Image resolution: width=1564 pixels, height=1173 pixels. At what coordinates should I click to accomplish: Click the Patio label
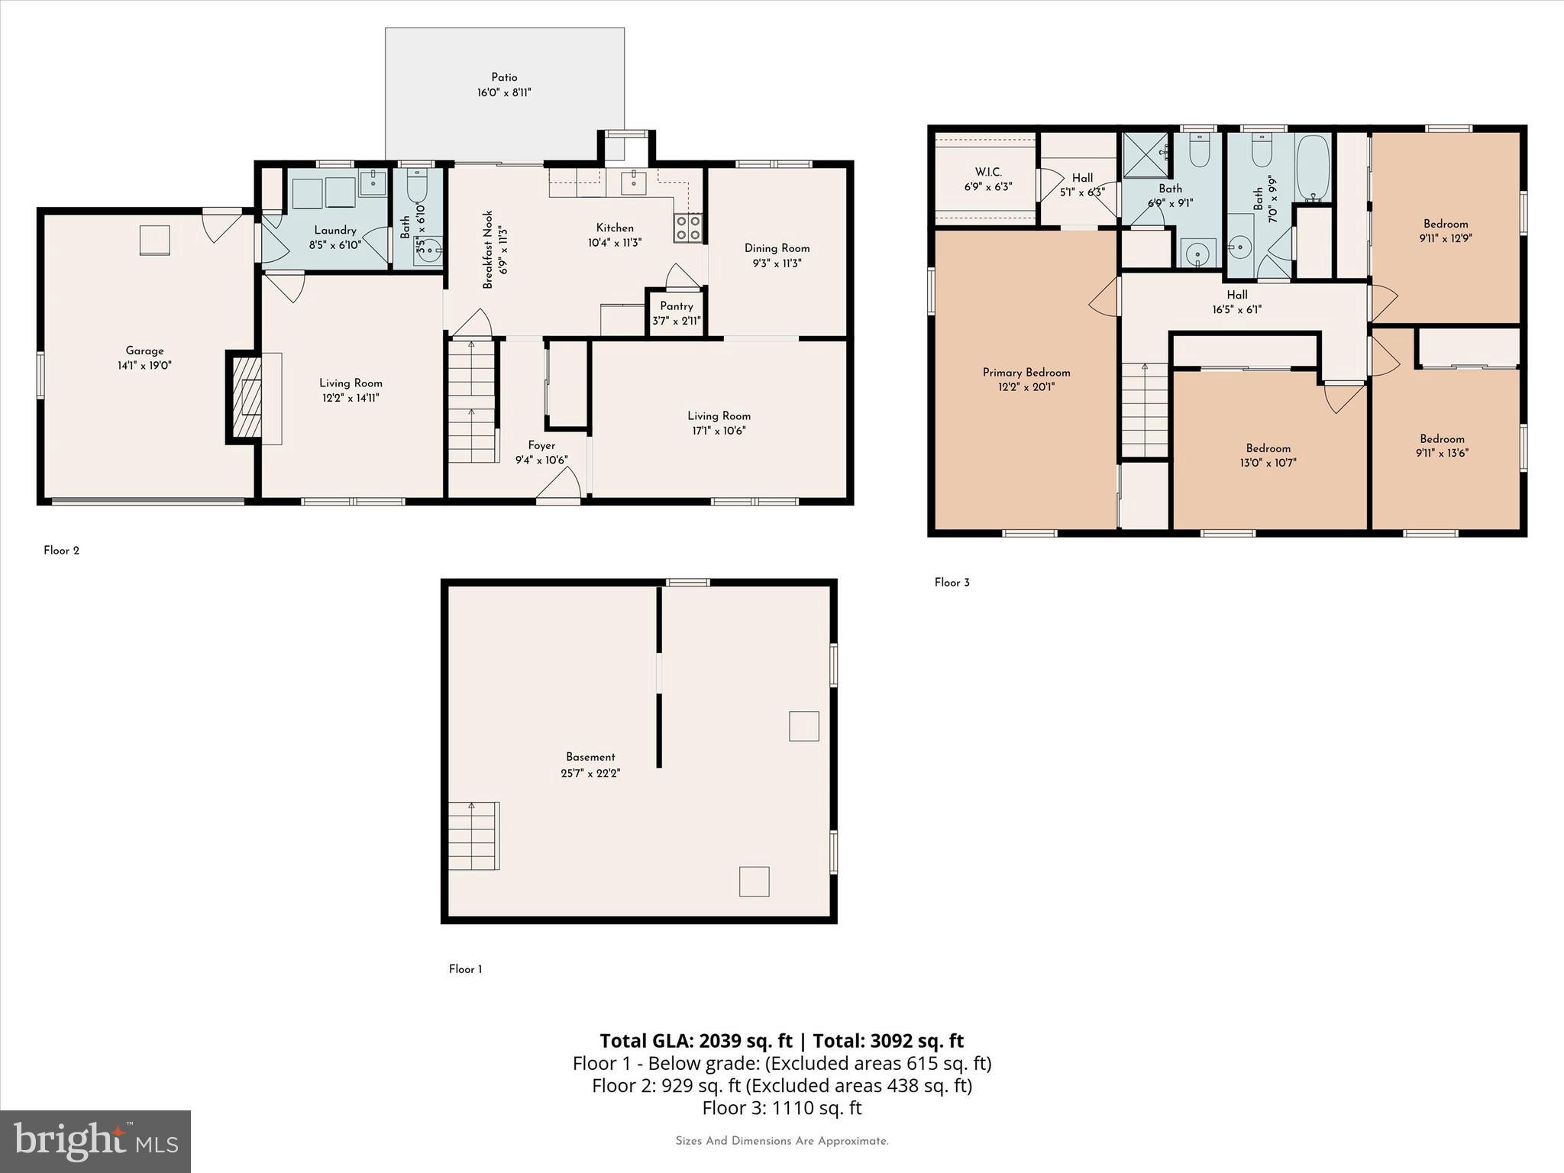[x=504, y=77]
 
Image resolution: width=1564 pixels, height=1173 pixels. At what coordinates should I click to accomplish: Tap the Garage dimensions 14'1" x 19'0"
[x=144, y=366]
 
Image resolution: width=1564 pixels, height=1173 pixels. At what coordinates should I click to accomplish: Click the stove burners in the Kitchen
[x=687, y=228]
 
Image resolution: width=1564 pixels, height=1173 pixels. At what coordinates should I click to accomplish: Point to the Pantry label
[x=677, y=306]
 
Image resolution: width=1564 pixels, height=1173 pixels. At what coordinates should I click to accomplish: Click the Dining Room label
[x=777, y=248]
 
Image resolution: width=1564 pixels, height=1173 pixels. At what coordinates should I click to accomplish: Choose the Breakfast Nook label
[x=488, y=250]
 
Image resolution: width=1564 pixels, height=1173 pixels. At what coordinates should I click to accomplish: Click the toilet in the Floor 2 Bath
[x=417, y=184]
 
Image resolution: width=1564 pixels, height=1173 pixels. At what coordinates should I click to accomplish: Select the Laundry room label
[x=335, y=231]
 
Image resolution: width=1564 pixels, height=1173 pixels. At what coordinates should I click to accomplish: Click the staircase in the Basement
[x=473, y=835]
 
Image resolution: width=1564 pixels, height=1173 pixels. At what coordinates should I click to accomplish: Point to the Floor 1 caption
[x=465, y=969]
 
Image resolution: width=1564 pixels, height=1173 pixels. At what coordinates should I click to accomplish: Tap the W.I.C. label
[x=987, y=173]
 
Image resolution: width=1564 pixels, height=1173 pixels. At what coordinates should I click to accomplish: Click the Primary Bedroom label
[x=1026, y=373]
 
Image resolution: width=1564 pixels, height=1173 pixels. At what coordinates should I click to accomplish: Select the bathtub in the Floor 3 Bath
[x=1313, y=168]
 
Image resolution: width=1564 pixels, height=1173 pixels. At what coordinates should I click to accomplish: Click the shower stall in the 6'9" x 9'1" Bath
[x=1145, y=155]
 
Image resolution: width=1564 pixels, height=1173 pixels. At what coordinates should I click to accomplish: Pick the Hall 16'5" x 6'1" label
[x=1236, y=295]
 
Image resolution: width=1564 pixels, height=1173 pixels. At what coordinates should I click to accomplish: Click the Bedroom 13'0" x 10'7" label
[x=1268, y=448]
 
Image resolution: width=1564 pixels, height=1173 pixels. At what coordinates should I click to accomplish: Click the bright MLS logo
[x=95, y=1141]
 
